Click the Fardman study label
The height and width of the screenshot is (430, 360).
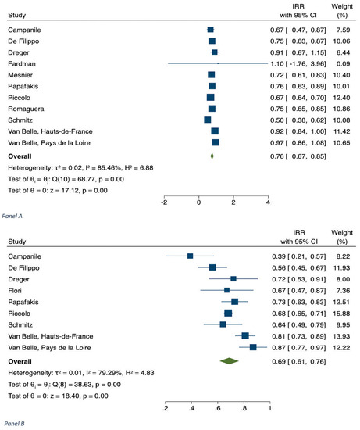pos(22,63)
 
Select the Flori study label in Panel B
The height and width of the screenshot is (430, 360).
pos(15,290)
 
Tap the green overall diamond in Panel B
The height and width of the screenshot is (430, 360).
pos(229,361)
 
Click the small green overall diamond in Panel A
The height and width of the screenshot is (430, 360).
pos(212,156)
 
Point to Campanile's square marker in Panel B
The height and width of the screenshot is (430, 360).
pos(190,256)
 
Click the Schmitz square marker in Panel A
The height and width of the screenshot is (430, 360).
pos(208,120)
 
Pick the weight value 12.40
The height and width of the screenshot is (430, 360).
pos(341,98)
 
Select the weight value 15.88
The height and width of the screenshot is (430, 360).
pos(341,314)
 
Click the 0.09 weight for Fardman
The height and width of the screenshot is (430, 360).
pos(343,63)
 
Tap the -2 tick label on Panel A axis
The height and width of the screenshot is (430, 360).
pos(164,202)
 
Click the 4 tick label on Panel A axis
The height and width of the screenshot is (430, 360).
pos(268,202)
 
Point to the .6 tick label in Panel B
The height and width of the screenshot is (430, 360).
pos(218,408)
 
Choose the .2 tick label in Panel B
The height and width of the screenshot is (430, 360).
pos(166,408)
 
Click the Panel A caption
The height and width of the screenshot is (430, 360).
pos(12,216)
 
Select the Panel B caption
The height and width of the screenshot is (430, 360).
pos(14,424)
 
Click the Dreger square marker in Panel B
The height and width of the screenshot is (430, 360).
pos(233,279)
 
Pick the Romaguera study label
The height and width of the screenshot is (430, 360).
pos(26,109)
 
